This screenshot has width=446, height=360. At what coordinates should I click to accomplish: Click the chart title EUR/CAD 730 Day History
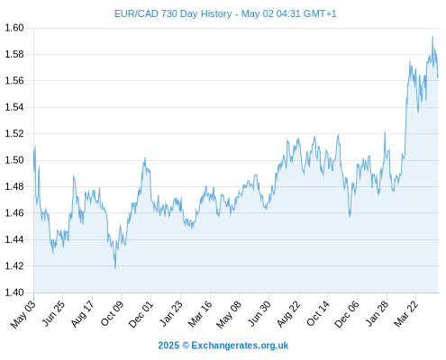pos(173,13)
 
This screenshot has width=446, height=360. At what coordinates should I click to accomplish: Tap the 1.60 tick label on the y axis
pos(14,28)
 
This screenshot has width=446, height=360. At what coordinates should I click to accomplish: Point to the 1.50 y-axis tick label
pos(14,160)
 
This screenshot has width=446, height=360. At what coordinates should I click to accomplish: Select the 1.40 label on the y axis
pos(14,292)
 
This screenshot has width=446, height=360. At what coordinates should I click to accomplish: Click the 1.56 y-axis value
pos(14,81)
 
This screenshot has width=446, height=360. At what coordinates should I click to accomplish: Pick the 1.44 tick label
pos(14,239)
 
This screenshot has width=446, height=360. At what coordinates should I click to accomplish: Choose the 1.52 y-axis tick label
pos(14,134)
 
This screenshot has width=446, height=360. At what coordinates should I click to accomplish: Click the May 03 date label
pos(23,314)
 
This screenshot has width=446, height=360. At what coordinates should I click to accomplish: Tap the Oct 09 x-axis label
pos(112,313)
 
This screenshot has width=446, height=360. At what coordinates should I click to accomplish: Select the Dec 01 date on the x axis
pos(141,314)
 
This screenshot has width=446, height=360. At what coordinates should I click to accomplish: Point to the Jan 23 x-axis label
pos(170,313)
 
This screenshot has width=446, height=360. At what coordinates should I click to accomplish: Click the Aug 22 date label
pos(288,314)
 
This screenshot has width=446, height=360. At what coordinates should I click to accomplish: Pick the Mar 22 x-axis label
pos(405,314)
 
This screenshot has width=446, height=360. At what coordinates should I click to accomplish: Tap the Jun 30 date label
pos(259,313)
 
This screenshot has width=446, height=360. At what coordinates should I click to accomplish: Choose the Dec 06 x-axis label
pos(347,314)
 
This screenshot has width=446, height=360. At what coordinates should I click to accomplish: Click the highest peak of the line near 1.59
pos(432,36)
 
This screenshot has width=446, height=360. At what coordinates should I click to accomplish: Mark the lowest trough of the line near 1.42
pos(115,268)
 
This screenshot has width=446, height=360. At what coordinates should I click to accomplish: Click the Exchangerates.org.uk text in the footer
pos(240,346)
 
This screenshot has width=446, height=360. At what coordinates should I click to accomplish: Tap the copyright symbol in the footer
pos(186,346)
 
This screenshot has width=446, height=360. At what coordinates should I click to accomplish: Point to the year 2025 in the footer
pos(168,346)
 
